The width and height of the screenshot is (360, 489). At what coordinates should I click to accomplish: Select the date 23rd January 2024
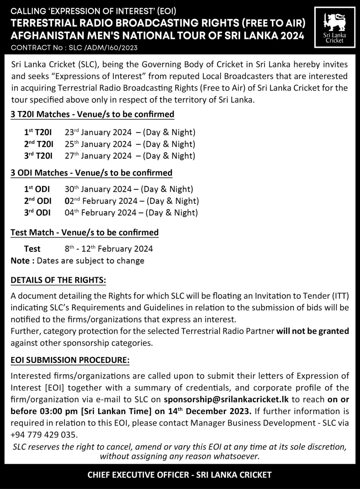pos(98,132)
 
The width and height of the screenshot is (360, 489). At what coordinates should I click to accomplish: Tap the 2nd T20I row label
pos(39,144)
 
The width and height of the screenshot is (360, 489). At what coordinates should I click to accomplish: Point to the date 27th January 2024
pos(98,156)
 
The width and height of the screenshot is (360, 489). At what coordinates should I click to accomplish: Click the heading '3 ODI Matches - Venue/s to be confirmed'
pos(91,173)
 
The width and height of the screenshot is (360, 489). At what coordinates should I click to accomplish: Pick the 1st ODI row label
pos(37,189)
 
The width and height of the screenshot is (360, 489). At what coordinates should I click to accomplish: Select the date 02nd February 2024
pos(101,201)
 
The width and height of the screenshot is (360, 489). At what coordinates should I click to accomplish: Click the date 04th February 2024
pos(101,213)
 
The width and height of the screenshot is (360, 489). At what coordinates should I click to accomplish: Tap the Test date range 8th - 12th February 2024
pos(109,249)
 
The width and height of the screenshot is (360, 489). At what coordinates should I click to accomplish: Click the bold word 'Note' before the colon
pos(20,261)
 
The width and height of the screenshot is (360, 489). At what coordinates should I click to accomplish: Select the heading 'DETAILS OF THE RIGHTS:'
pos(58,280)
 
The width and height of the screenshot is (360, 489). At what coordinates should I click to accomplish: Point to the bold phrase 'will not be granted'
pos(313,331)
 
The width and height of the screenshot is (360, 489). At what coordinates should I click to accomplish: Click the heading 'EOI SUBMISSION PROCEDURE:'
pos(70,360)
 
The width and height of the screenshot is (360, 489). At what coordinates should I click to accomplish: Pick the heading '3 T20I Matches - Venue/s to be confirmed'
pos(92,114)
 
